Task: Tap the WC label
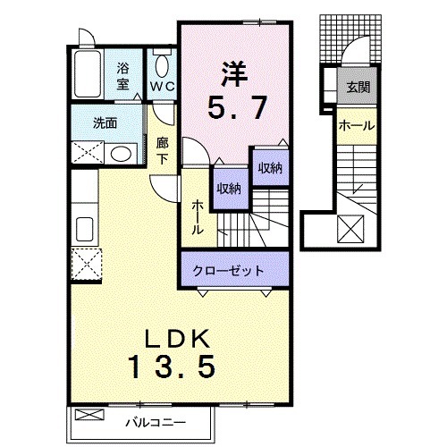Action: [x=162, y=87]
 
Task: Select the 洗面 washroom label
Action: [x=105, y=122]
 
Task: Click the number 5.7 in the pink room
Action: [x=235, y=108]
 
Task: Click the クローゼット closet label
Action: [x=235, y=269]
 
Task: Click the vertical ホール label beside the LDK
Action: [x=197, y=215]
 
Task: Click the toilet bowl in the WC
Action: [x=162, y=64]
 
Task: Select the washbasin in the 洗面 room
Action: [x=120, y=153]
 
